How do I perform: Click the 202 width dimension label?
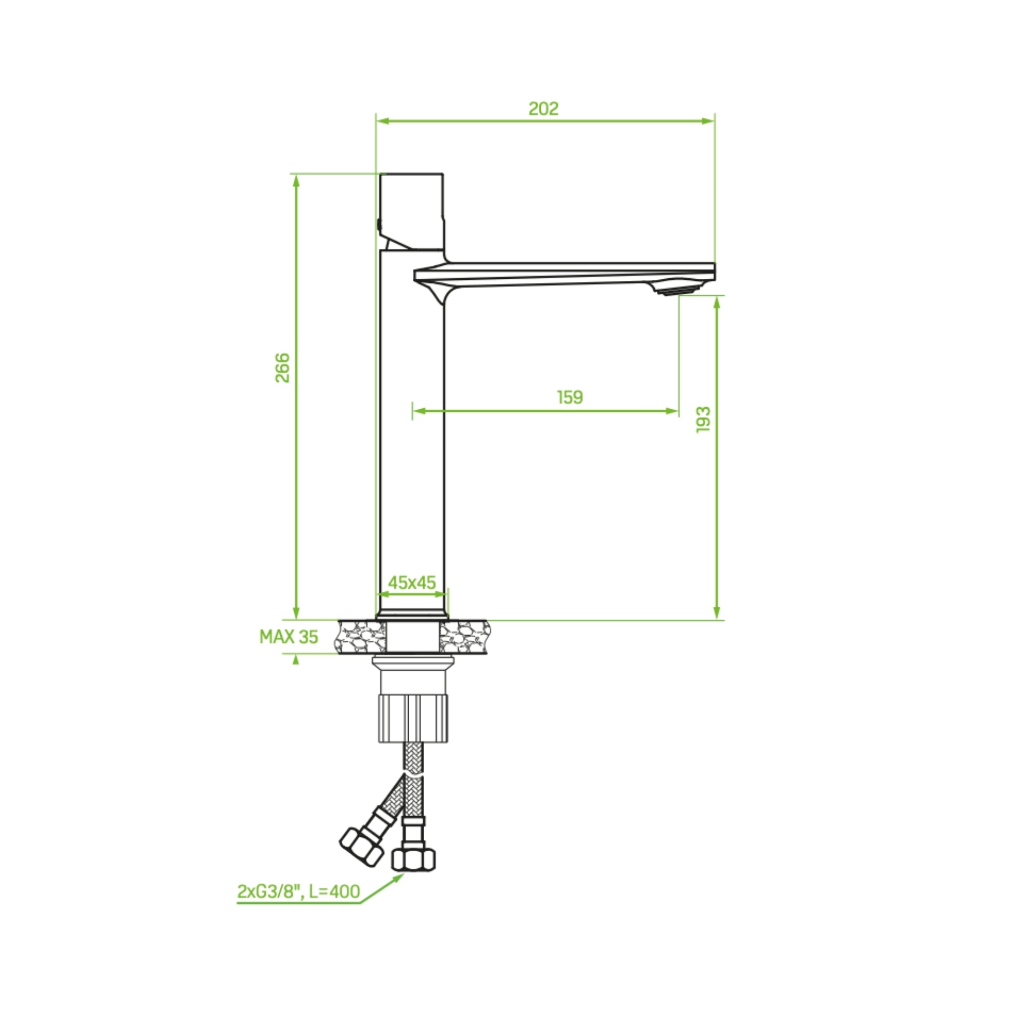[543, 108]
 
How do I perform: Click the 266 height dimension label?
[283, 368]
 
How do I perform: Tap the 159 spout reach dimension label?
[570, 397]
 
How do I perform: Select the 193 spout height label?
[703, 419]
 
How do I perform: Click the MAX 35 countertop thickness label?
[289, 637]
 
